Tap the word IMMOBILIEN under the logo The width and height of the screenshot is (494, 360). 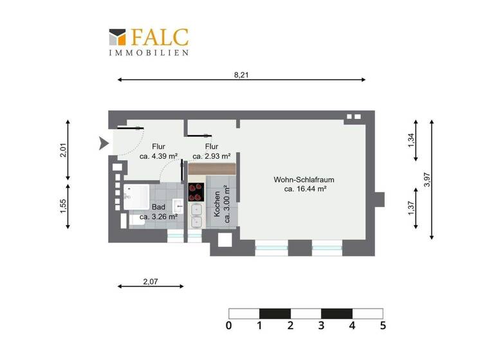point(149,53)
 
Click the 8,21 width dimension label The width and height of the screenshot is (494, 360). point(241,75)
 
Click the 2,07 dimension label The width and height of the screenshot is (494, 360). point(151,281)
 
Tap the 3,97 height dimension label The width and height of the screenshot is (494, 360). point(428,179)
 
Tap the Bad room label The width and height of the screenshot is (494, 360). point(158,207)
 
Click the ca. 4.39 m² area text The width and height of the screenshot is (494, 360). point(158,156)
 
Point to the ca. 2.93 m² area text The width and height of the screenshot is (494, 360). point(212,156)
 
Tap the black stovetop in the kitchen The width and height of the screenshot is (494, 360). point(195,192)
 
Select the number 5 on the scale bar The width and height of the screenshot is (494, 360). point(383,326)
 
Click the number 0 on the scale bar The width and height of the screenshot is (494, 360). point(229,326)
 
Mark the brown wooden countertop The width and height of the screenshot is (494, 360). point(212,168)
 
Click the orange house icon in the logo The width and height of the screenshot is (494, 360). point(117,37)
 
